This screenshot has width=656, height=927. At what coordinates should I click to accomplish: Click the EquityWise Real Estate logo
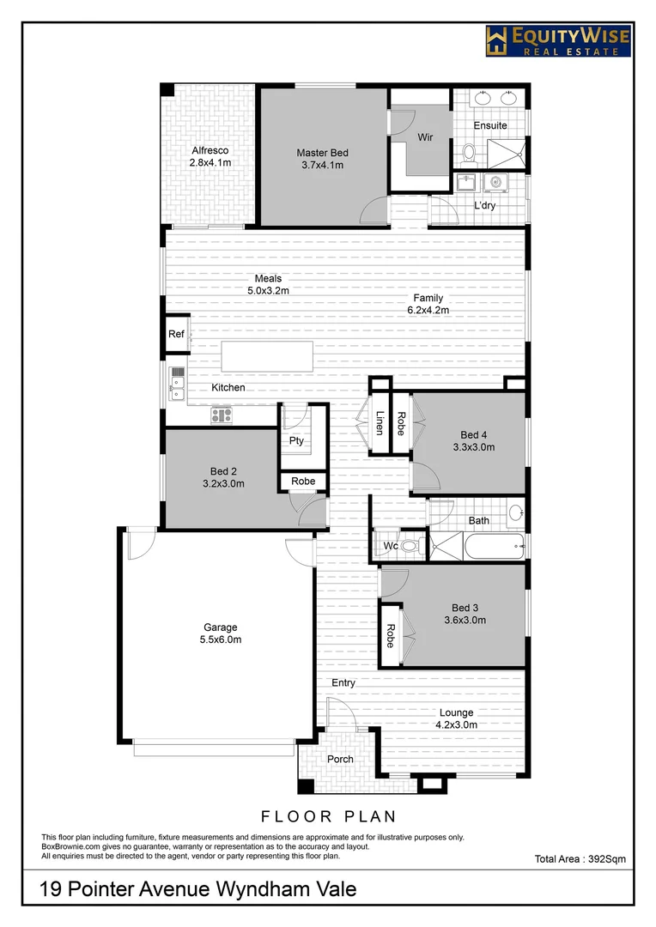point(557,40)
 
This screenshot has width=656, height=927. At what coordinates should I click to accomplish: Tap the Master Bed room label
point(322,153)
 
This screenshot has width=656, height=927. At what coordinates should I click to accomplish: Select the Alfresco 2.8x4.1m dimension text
point(211,162)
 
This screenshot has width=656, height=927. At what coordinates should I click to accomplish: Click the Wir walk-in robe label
point(425,137)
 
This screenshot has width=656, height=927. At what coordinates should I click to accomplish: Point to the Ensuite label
point(490,126)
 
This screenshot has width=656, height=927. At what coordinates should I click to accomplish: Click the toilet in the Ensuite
point(469,153)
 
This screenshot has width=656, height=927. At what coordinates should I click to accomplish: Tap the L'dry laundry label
point(487,206)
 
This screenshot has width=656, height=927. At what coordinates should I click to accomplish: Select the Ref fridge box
point(176,335)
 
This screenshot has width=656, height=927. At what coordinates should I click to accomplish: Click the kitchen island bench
point(267,356)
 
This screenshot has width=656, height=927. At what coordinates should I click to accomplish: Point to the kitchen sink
point(178,384)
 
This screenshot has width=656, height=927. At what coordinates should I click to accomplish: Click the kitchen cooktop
point(222,415)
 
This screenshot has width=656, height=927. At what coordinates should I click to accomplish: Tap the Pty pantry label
point(296,441)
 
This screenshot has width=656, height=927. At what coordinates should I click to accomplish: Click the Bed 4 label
point(474,434)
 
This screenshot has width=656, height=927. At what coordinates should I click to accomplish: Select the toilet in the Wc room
point(410,545)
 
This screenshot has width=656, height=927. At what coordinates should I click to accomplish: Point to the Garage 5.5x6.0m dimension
point(221,639)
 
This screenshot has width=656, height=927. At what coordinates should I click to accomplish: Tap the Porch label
point(340,759)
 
